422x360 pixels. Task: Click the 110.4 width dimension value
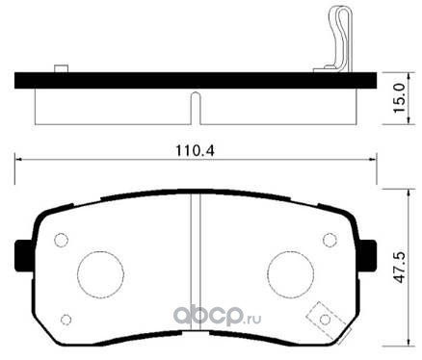(195, 151)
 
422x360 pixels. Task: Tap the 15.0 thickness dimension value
(400, 98)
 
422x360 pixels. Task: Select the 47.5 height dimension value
(400, 268)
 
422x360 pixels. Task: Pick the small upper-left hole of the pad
(61, 240)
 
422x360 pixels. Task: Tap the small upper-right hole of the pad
(330, 240)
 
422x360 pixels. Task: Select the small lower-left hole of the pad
(66, 320)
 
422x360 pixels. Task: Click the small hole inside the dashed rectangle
(325, 320)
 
